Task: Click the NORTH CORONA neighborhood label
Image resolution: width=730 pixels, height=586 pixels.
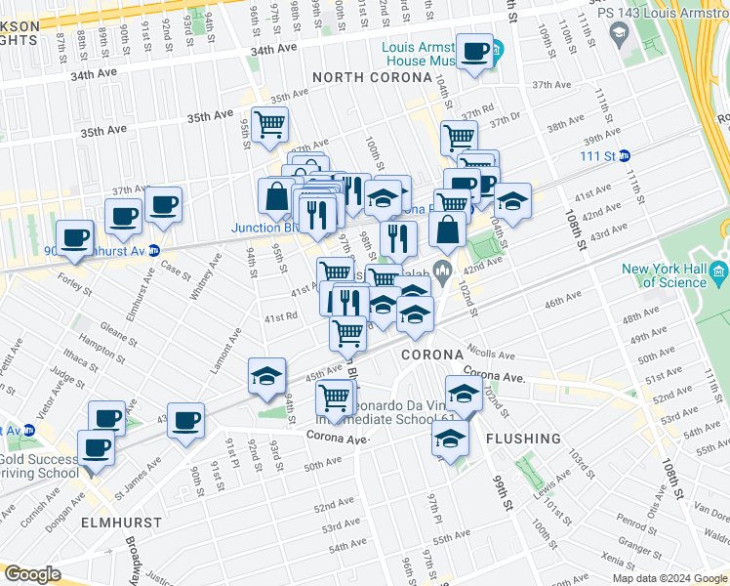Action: click(371, 77)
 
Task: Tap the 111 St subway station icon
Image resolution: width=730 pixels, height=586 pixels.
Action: click(625, 156)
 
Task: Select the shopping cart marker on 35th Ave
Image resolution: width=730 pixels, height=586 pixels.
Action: click(269, 125)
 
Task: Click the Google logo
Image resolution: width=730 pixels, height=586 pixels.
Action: click(33, 574)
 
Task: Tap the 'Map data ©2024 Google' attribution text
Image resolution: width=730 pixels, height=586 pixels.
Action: click(669, 578)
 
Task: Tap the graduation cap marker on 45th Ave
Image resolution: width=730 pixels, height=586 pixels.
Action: click(264, 378)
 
